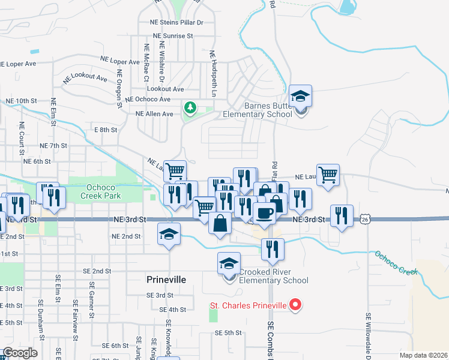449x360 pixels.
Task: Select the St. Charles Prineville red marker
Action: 295,306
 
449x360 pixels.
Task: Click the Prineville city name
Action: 167,280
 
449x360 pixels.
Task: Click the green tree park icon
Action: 190,108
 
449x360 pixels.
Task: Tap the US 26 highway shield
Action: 366,220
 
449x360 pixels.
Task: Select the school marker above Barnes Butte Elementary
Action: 300,96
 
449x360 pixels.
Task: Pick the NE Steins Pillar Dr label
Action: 177,22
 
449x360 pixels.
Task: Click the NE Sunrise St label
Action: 173,36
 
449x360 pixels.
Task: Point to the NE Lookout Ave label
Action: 85,78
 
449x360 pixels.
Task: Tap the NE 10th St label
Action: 21,101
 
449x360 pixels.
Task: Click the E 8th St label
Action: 105,130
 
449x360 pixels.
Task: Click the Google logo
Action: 20,353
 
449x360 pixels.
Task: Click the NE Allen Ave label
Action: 154,113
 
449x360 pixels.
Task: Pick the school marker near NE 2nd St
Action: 169,234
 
